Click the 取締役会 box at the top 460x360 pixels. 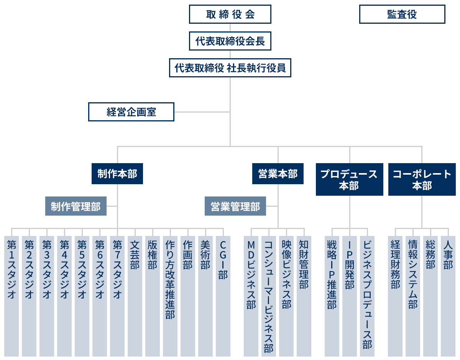click(x=230, y=15)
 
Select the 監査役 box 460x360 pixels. click(x=402, y=15)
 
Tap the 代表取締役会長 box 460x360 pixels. click(x=230, y=41)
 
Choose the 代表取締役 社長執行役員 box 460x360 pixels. click(x=230, y=68)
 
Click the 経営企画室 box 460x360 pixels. click(x=131, y=112)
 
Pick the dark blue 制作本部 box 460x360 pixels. click(x=117, y=174)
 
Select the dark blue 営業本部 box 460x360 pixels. click(x=278, y=174)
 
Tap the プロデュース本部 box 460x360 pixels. click(x=349, y=180)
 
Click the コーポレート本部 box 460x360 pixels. click(x=422, y=180)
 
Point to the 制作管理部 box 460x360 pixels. click(x=76, y=206)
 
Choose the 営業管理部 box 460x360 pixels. click(x=235, y=206)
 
